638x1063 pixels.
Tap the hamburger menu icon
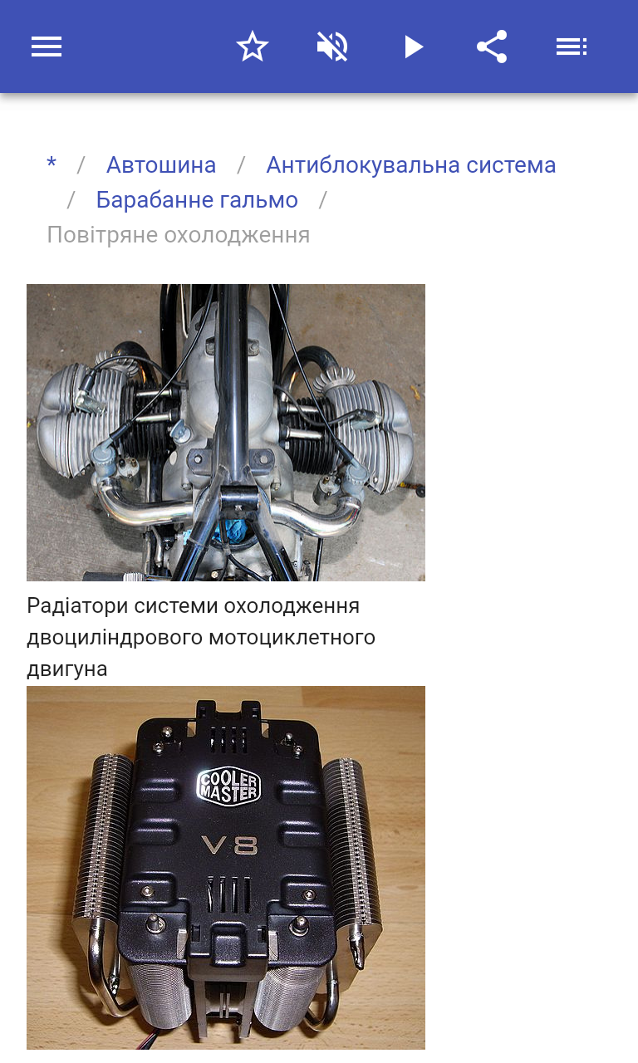tap(47, 47)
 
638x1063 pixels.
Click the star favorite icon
tap(252, 47)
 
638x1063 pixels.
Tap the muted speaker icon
tap(332, 47)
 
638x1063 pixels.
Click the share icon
tap(493, 47)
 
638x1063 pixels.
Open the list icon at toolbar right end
tap(572, 47)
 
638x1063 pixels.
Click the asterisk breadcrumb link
tap(52, 164)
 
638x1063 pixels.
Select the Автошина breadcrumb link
tap(161, 165)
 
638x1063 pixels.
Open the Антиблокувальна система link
tap(410, 165)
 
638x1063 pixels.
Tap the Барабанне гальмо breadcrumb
tap(197, 200)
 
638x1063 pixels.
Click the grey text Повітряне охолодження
tap(179, 235)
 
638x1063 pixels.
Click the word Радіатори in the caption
tap(77, 606)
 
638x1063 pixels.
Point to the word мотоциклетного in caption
tap(292, 638)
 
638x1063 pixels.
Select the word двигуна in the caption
tap(67, 669)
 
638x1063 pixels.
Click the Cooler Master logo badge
tap(228, 786)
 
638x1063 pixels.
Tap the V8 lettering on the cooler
tap(230, 845)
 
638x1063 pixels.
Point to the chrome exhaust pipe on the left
tap(142, 507)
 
